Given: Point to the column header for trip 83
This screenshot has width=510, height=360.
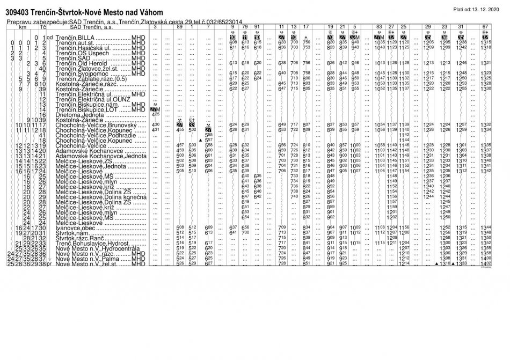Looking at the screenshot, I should pyautogui.click(x=380, y=26).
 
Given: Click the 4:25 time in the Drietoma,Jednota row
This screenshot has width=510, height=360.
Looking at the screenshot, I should pyautogui.click(x=156, y=114).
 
